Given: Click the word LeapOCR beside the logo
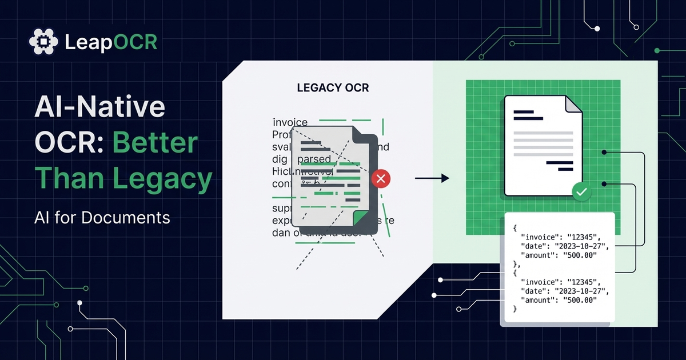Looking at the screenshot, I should pos(111,42).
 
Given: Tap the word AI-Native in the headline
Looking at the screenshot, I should pos(100,107).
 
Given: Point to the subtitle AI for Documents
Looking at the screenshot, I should pos(102,217).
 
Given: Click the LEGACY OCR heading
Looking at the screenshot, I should pos(333,88).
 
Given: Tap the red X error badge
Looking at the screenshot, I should pos(381,179).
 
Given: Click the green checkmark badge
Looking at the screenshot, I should pos(581,193).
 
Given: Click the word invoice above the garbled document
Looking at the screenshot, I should pos(290,122).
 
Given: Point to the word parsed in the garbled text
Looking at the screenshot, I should pos(314,159).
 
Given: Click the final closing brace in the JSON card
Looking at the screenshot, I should pos(515,309).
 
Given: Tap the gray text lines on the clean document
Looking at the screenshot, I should pos(543,141).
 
